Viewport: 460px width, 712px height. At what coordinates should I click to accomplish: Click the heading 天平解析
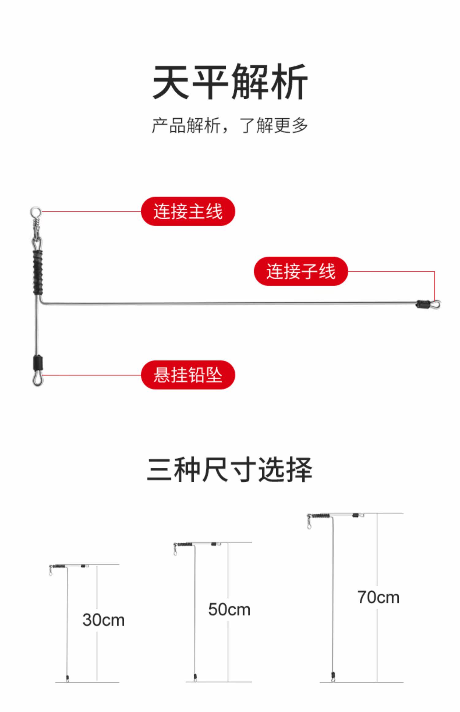(x=230, y=82)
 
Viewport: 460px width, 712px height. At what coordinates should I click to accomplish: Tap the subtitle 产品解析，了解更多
(x=230, y=125)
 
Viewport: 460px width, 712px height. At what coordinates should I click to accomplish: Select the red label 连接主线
(x=188, y=212)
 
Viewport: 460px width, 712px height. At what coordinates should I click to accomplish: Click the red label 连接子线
(x=301, y=271)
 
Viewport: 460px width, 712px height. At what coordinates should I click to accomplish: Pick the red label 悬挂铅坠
(x=188, y=375)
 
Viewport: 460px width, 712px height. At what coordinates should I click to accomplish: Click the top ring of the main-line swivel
(x=36, y=212)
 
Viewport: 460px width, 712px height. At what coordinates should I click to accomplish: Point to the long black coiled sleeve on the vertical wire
(x=38, y=272)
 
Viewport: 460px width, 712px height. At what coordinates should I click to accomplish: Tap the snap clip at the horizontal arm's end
(x=435, y=304)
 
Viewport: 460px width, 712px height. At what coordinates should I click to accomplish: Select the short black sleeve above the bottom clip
(x=38, y=363)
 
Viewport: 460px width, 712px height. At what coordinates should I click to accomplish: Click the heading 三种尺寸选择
(x=230, y=470)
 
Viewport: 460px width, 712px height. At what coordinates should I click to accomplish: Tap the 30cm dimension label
(x=104, y=620)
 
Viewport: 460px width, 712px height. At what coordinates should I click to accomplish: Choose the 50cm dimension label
(x=229, y=609)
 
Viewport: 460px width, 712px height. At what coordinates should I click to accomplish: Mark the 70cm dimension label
(x=378, y=597)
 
